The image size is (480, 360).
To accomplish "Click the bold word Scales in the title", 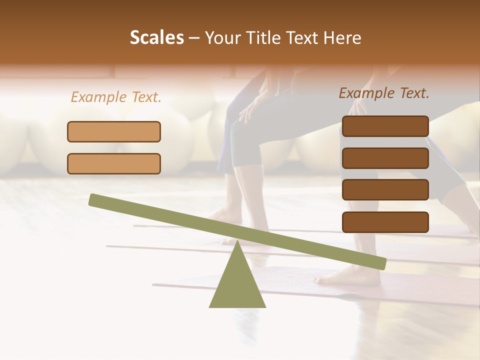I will tap(156, 38).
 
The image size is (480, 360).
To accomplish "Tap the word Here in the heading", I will tap(342, 38).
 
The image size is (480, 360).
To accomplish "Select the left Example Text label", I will tap(116, 97).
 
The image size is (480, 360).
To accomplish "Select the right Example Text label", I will tap(384, 93).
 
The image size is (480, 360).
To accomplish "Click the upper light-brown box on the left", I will tap(114, 131).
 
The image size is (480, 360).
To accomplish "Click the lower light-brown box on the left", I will tap(114, 163).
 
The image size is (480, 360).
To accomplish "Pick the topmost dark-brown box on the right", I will tap(385, 126).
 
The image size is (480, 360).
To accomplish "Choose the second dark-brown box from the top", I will tap(385, 158).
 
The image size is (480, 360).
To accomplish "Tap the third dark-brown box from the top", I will tap(385, 190).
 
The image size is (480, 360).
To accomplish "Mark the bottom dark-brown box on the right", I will tap(385, 222).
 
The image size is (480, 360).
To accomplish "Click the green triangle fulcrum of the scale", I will tap(237, 285).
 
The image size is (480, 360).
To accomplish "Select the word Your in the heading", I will tap(222, 38).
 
